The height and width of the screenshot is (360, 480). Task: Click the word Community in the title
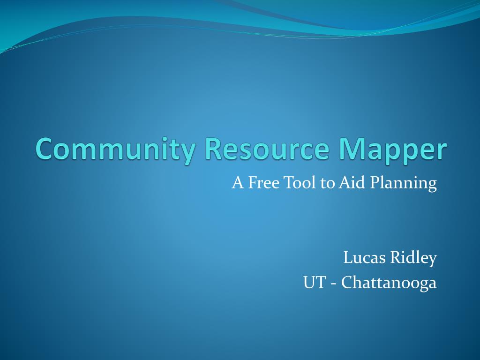pyautogui.click(x=115, y=150)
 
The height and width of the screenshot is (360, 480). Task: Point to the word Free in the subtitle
pyautogui.click(x=264, y=182)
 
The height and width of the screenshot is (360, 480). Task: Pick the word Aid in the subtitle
pyautogui.click(x=352, y=182)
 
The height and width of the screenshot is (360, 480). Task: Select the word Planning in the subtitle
pyautogui.click(x=403, y=184)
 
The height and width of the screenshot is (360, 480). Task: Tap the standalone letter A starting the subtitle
pyautogui.click(x=238, y=182)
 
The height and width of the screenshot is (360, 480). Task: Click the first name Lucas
pyautogui.click(x=364, y=257)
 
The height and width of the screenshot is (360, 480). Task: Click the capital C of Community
pyautogui.click(x=45, y=149)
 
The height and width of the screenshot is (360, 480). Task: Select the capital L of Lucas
pyautogui.click(x=348, y=257)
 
